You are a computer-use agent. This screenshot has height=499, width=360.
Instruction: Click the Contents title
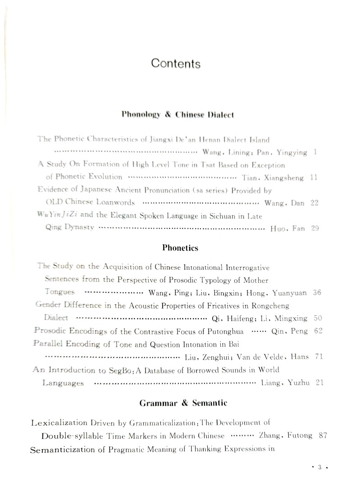(x=176, y=64)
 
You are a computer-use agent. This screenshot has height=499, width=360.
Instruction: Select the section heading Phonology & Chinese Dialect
(x=177, y=115)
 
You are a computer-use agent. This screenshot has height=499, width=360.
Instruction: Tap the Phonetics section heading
(x=180, y=248)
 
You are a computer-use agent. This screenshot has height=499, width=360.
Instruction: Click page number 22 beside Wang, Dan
(x=314, y=203)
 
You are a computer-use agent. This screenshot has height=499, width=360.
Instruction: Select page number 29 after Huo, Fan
(x=315, y=228)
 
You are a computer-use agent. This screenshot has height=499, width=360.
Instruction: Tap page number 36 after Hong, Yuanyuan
(x=317, y=293)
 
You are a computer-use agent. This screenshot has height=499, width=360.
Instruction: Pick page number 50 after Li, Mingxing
(x=317, y=318)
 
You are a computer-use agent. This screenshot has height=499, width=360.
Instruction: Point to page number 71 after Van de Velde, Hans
(x=319, y=357)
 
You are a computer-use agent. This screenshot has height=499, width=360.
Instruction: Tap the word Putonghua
(x=224, y=332)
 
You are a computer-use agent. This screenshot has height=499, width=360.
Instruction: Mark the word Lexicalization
(x=58, y=423)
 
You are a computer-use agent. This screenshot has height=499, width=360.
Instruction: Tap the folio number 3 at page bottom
(x=319, y=480)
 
